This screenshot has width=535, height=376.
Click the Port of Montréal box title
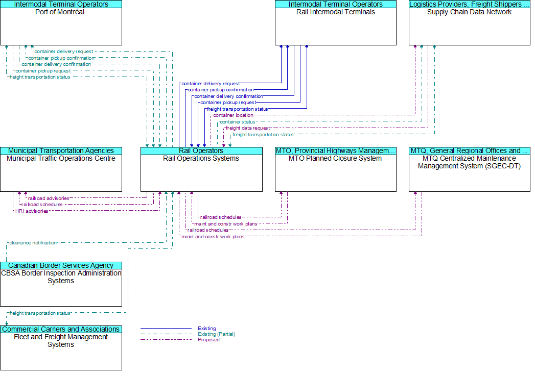[61, 12]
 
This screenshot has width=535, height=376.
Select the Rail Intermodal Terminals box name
[336, 12]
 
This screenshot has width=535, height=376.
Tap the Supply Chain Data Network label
[469, 12]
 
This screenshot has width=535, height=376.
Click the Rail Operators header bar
[201, 151]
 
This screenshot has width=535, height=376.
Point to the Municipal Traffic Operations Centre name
[61, 158]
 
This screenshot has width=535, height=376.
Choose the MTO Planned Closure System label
[335, 158]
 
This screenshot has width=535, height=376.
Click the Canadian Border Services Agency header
[61, 266]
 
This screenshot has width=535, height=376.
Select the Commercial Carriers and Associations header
[61, 330]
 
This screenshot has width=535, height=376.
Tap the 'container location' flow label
[233, 115]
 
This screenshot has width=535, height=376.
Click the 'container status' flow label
[237, 122]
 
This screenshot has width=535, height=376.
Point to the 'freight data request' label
[248, 128]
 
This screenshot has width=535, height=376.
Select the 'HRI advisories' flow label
[32, 211]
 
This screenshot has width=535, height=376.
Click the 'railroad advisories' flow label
[49, 198]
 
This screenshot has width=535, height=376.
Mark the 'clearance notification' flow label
[33, 243]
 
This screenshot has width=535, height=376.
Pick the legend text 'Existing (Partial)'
[216, 334]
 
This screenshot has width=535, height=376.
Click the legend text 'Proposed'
[208, 340]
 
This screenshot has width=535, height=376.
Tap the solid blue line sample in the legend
[166, 329]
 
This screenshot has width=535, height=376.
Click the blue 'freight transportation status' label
[238, 109]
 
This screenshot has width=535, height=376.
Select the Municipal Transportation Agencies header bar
[61, 151]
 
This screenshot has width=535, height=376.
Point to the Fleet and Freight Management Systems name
[61, 341]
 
